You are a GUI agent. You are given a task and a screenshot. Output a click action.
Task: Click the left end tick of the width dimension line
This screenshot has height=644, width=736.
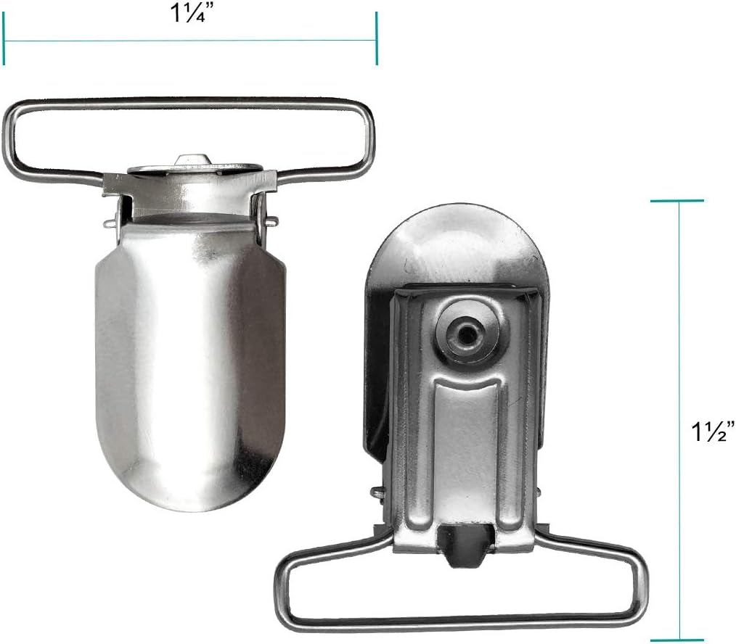pos(4,38)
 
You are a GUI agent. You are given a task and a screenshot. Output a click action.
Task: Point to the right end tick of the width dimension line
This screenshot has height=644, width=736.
pos(377,38)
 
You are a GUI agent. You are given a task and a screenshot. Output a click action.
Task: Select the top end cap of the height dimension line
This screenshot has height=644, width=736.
pos(677,201)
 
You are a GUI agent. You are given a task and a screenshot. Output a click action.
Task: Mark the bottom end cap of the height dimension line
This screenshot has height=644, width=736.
pos(677,640)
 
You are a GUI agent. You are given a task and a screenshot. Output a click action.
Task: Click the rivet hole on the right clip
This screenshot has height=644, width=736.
pos(466,334)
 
